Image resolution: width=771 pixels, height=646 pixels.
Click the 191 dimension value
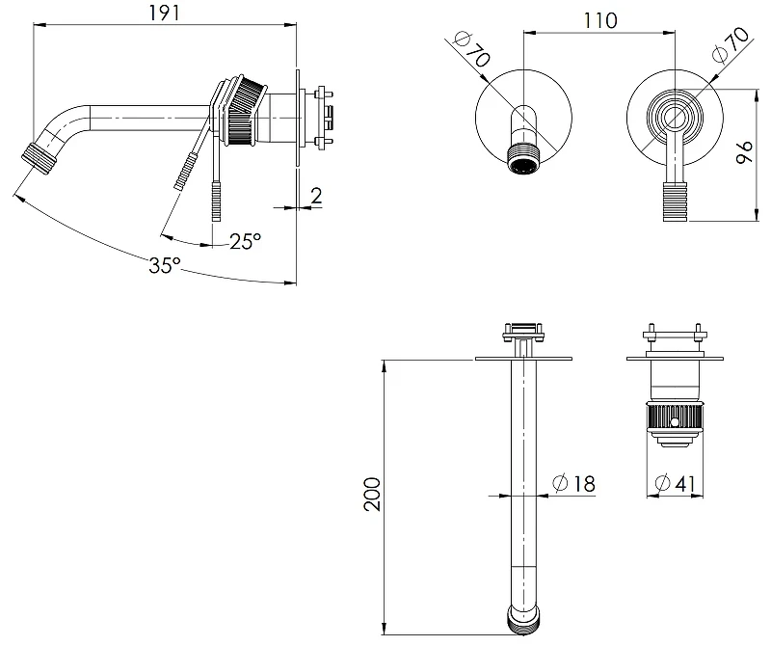tap(165, 13)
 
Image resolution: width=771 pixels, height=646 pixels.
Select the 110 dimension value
tap(599, 20)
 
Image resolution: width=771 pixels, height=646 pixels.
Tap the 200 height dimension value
tap(372, 494)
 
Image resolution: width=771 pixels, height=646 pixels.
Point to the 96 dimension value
tap(744, 152)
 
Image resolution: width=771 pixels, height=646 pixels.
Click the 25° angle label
tap(246, 241)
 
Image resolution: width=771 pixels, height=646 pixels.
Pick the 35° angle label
tap(165, 265)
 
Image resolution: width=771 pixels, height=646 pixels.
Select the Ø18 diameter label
tap(573, 484)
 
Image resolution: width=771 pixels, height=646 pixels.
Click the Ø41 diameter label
tap(676, 483)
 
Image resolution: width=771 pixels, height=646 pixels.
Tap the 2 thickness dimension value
tap(316, 196)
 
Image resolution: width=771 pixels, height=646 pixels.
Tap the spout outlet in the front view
tap(523, 158)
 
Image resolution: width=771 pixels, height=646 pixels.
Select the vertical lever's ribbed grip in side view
tap(216, 202)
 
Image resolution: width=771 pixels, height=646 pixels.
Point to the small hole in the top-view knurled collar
tap(675, 421)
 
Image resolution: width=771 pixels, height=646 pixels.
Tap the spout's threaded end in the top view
tap(523, 619)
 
